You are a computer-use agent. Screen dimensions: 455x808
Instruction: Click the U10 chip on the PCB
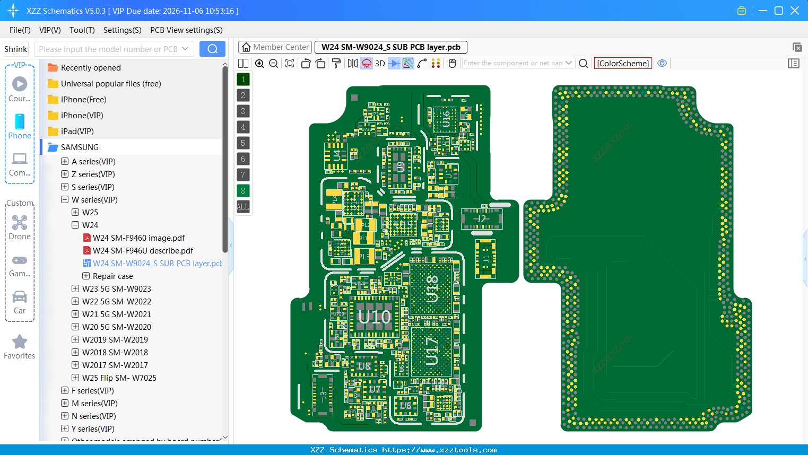374,317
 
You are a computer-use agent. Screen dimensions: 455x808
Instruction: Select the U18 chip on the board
432,289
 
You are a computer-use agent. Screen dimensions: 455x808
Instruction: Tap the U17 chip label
432,351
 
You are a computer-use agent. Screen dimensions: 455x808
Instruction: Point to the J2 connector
481,218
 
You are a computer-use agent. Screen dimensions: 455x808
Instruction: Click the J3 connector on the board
323,395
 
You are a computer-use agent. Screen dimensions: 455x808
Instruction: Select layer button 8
243,191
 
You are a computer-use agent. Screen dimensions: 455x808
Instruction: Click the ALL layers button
243,207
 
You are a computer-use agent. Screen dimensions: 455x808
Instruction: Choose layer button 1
243,80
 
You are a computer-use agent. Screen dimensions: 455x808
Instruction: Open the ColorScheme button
623,64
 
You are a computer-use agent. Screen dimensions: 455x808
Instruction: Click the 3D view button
380,64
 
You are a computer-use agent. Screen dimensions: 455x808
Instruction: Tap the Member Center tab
275,47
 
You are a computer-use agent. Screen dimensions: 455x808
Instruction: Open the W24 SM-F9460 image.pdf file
138,238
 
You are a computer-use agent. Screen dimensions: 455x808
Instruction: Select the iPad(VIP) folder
77,132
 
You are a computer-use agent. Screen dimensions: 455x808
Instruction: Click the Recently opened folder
91,68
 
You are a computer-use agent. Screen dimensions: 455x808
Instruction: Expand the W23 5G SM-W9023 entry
75,289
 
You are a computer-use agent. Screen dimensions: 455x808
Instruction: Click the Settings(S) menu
122,30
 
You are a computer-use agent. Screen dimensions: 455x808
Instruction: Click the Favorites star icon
20,342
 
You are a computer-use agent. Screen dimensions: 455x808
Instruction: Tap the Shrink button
16,49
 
